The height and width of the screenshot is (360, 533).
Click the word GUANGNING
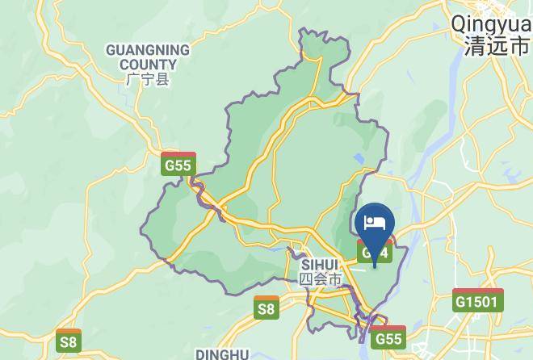click(x=148, y=50)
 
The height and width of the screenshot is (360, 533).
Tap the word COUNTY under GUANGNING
click(x=148, y=65)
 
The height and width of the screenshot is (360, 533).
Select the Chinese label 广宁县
click(x=148, y=80)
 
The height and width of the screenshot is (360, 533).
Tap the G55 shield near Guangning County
click(x=178, y=165)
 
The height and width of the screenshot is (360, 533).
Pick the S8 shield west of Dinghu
click(x=69, y=341)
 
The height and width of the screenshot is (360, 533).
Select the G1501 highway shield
click(x=478, y=301)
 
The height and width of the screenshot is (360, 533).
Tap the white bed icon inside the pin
click(x=374, y=222)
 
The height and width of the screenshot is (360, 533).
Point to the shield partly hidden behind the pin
click(x=374, y=253)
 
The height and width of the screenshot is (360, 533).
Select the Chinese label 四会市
click(x=321, y=279)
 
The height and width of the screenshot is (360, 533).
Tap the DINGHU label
click(x=221, y=354)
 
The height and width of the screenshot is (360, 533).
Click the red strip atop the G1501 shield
click(x=478, y=291)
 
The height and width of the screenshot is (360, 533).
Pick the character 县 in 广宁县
click(x=163, y=80)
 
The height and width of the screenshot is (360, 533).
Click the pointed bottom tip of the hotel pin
click(x=374, y=267)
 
